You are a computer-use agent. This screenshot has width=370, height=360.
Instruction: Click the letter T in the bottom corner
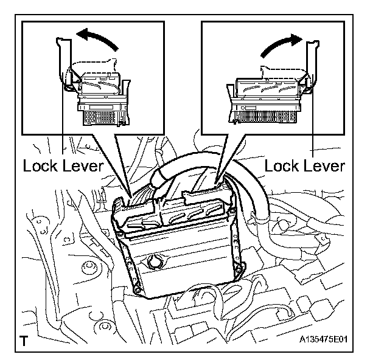pyautogui.click(x=24, y=341)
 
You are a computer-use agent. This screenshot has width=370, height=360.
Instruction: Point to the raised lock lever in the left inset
pyautogui.click(x=64, y=67)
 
